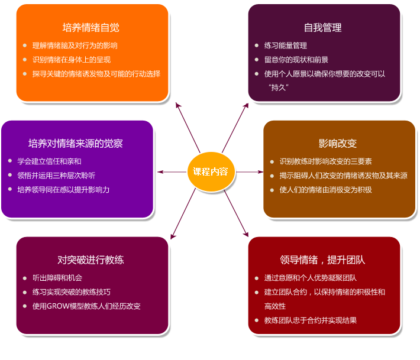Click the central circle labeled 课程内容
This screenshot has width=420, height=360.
click(211, 171)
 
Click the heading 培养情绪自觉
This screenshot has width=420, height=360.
click(91, 28)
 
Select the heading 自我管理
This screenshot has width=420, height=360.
click(322, 28)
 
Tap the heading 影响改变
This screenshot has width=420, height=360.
click(338, 144)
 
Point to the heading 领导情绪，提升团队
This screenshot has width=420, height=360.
click(322, 260)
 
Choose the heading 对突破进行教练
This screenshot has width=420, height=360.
click(91, 260)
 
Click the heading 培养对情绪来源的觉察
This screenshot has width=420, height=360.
click(76, 144)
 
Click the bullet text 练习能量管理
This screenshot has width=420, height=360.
click(286, 46)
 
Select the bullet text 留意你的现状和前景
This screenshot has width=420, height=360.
click(296, 60)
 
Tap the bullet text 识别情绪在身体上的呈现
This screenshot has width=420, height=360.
click(72, 60)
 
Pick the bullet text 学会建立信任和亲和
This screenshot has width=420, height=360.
click(49, 161)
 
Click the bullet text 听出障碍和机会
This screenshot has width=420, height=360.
click(57, 278)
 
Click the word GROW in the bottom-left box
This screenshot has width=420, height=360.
click(58, 306)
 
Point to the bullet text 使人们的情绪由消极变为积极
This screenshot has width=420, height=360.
click(326, 190)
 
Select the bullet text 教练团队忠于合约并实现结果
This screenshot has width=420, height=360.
click(311, 320)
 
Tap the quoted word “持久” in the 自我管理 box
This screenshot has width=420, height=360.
click(279, 87)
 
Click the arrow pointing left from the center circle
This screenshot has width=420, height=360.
click(172, 172)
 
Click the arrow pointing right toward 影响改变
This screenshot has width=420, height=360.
click(250, 172)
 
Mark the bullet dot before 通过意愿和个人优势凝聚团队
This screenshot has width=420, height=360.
click(257, 278)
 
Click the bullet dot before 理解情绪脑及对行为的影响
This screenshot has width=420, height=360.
click(25, 46)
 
